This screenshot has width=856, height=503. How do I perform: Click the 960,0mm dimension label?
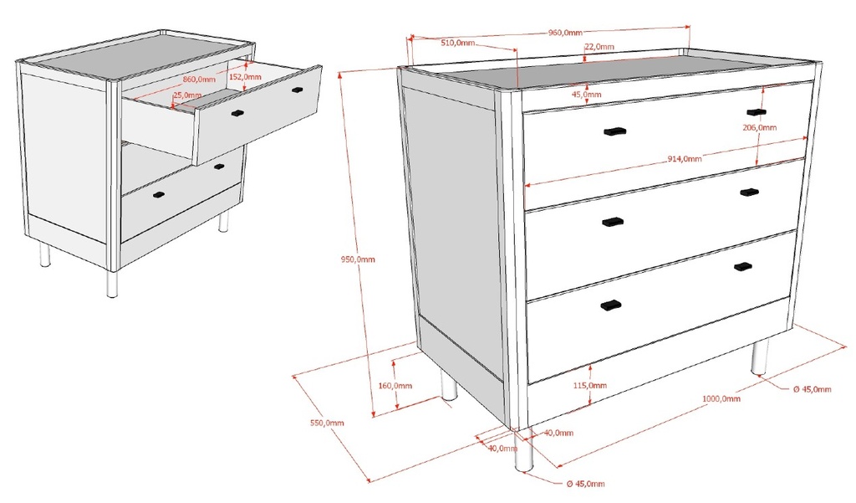coord(565,33)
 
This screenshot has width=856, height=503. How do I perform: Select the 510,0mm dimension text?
coord(458,42)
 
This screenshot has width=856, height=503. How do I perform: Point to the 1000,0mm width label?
coord(721,398)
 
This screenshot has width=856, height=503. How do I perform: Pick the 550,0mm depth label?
coord(327,423)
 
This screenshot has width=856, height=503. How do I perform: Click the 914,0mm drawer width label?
coord(683,159)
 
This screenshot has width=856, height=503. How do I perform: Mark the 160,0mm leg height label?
coord(395,386)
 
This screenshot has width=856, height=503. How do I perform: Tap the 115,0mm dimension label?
coord(590,386)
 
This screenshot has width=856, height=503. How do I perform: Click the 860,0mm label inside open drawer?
coord(200,80)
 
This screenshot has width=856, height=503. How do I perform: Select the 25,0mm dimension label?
coord(187,95)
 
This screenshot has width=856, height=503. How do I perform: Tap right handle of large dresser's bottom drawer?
coord(742,267)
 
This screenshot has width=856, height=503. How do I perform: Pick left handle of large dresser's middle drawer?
coord(613,222)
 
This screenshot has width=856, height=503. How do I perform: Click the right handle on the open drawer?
coord(297,89)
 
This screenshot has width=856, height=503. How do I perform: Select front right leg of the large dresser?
coord(759,357)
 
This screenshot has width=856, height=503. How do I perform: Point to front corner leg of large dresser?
coord(524,450)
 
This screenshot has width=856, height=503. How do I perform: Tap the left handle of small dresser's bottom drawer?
coord(159,196)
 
